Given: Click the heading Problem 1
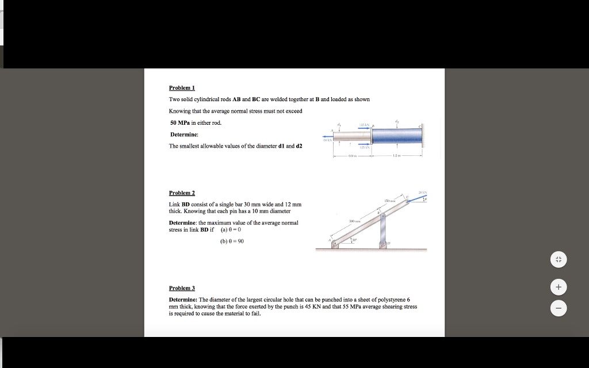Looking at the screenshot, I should point(182,88).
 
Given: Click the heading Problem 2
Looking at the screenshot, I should point(182,193).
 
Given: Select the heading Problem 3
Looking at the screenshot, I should point(182,287).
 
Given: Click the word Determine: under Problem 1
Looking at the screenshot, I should point(184,134).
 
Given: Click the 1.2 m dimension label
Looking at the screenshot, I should point(396,155).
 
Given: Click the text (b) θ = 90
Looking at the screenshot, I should point(232,241).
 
